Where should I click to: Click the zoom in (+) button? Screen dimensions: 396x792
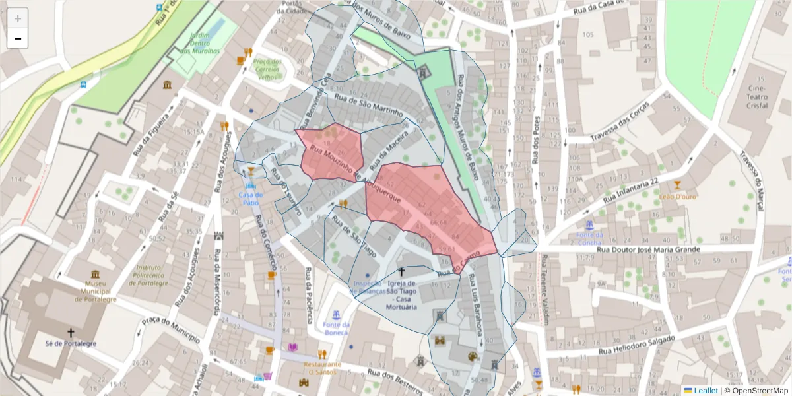pyautogui.click(x=18, y=18)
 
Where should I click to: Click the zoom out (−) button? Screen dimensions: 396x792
pyautogui.click(x=18, y=39)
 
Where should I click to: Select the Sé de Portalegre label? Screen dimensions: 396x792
pyautogui.click(x=71, y=344)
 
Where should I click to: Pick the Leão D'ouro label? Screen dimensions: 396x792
pyautogui.click(x=676, y=195)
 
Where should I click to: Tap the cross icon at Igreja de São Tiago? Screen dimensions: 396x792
pyautogui.click(x=401, y=272)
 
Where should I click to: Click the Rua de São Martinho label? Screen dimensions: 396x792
pyautogui.click(x=368, y=105)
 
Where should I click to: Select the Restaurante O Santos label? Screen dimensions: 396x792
pyautogui.click(x=323, y=368)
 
